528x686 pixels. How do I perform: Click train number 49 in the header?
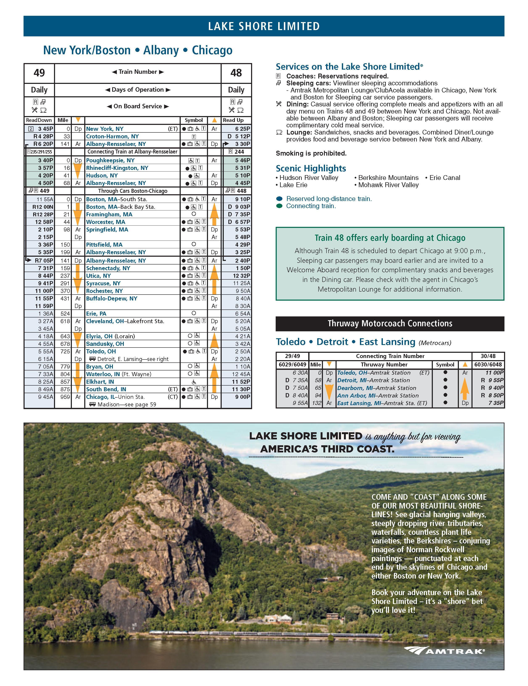tap(39, 73)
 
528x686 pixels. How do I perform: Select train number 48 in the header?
tap(236, 73)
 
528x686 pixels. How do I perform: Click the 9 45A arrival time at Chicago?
tap(46, 397)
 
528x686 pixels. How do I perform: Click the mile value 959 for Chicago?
tap(65, 397)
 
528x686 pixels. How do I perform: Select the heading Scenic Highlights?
tap(311, 168)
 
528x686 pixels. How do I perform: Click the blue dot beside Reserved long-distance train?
tap(279, 199)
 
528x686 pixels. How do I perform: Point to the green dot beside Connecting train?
tap(279, 206)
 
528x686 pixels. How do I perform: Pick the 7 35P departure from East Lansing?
tap(496, 403)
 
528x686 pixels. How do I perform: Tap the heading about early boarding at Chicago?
tap(390, 238)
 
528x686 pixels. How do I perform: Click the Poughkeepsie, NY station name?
tap(110, 160)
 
